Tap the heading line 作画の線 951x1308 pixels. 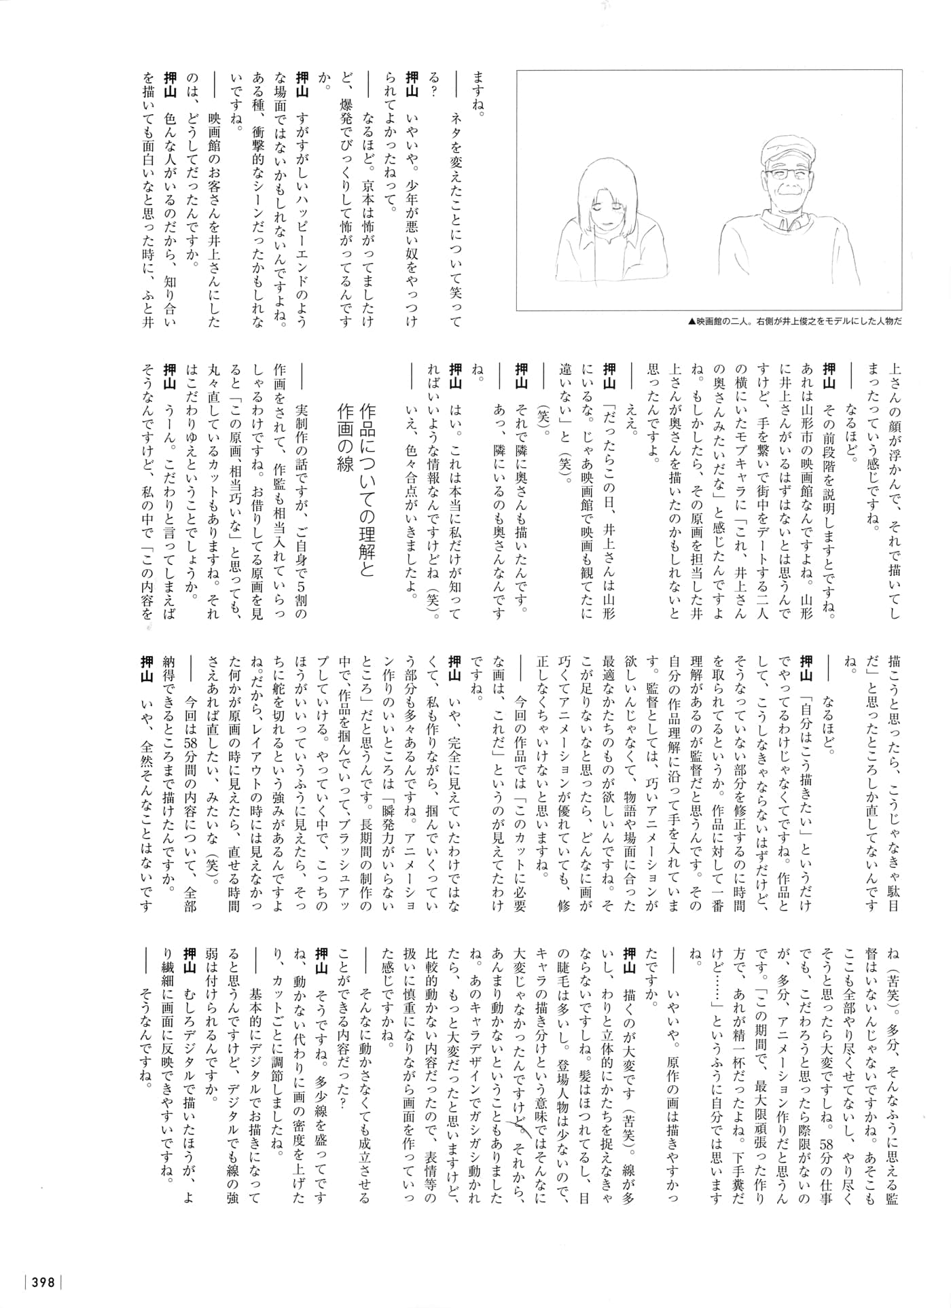(x=344, y=427)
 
